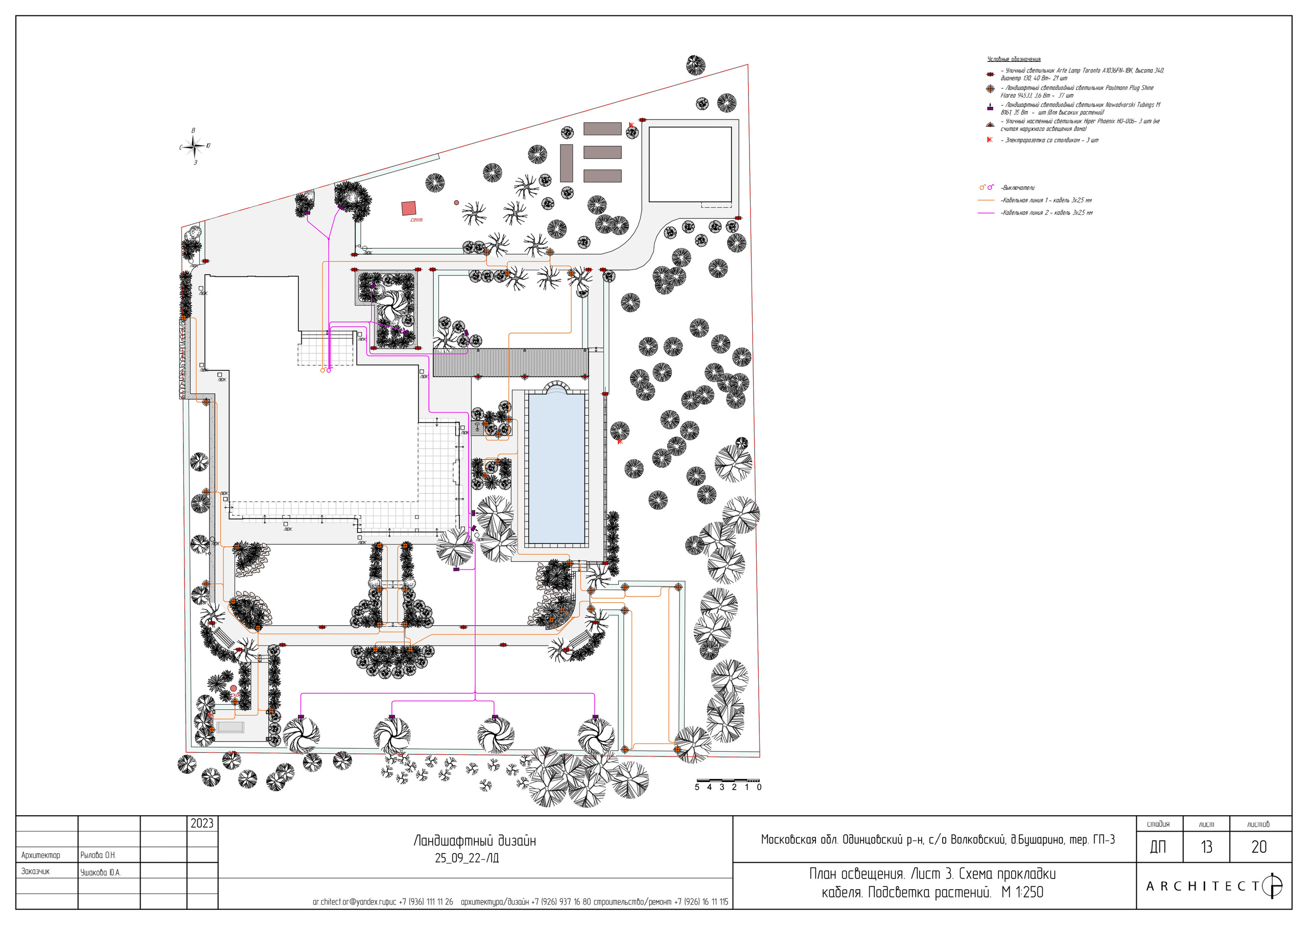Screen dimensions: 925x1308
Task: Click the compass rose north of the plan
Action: [x=195, y=147]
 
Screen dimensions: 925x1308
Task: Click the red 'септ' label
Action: [x=416, y=220]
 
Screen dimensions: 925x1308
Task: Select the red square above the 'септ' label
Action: [x=408, y=208]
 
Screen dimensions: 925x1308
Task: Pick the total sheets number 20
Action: [x=1259, y=847]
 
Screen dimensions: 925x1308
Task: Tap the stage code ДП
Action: [x=1158, y=847]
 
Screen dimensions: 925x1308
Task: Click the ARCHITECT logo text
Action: [x=1202, y=886]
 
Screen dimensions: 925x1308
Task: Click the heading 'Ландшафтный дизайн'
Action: [x=475, y=841]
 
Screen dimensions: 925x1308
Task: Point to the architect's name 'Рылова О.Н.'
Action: [x=98, y=855]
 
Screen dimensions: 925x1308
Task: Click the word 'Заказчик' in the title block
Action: [x=35, y=871]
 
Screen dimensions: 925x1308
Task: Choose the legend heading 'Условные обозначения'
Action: [x=1014, y=59]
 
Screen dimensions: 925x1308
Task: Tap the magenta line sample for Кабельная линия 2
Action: [x=986, y=213]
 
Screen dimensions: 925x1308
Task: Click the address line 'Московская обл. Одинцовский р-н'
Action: [x=938, y=840]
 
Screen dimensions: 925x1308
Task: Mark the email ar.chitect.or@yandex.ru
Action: [x=347, y=902]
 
